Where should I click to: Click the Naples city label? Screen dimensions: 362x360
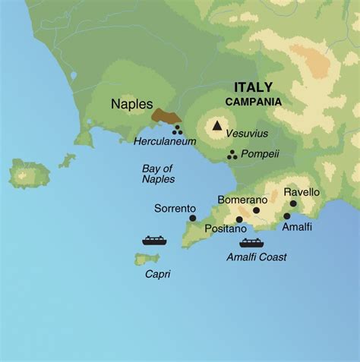(131, 105)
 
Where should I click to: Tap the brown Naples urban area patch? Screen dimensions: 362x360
(166, 115)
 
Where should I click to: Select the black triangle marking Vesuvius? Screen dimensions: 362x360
(218, 126)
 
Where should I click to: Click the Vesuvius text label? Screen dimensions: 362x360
(246, 132)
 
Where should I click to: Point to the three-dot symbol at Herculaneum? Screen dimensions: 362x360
(177, 130)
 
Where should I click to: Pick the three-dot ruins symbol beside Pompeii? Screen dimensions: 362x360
(232, 155)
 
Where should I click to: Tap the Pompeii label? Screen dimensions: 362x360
(260, 154)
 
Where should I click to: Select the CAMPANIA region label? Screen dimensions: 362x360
(253, 101)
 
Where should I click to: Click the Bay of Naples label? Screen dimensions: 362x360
(158, 174)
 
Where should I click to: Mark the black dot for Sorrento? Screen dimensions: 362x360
(192, 218)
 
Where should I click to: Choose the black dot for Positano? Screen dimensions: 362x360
(239, 219)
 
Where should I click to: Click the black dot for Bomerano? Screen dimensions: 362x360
(256, 210)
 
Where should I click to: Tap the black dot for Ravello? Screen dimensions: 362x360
(293, 203)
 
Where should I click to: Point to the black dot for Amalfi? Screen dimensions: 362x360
(286, 216)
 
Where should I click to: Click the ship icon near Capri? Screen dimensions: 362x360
(154, 241)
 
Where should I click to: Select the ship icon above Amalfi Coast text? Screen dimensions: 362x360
(251, 243)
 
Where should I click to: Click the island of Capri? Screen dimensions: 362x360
(148, 260)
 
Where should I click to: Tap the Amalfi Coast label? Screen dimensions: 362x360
(257, 257)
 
